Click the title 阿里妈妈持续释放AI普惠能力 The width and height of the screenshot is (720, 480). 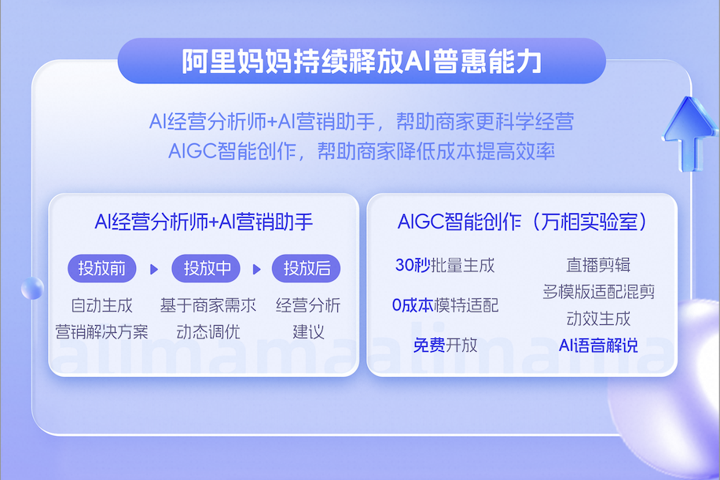(362, 61)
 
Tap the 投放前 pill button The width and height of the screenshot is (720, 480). (102, 268)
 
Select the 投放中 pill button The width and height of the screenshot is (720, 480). (206, 268)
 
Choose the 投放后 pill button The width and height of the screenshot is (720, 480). (307, 268)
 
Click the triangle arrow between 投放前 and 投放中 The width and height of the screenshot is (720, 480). (154, 269)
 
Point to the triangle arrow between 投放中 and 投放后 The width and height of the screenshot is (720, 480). (257, 269)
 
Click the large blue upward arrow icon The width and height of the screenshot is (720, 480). (689, 133)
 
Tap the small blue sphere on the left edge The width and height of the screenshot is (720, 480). (32, 289)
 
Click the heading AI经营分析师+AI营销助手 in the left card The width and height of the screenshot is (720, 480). (204, 222)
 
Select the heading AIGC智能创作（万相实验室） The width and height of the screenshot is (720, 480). (523, 222)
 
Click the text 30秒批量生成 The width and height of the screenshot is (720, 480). (445, 265)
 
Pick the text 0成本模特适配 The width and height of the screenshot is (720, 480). (445, 305)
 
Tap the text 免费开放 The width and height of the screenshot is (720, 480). (445, 345)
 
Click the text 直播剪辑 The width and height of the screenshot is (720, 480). (598, 265)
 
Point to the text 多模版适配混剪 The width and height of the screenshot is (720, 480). (598, 292)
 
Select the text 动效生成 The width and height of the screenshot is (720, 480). (598, 319)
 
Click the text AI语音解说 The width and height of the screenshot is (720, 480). (598, 345)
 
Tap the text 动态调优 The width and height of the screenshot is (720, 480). (208, 332)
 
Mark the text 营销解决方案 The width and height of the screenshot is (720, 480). (101, 332)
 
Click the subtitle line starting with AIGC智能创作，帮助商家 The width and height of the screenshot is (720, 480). (362, 151)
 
